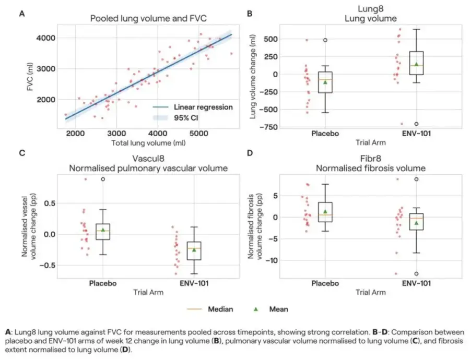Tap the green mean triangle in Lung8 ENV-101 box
(x=416, y=64)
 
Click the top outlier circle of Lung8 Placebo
(x=325, y=40)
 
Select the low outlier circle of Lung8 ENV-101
(x=416, y=124)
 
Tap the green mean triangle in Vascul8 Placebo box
(x=103, y=230)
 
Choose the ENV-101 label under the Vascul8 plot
(x=194, y=283)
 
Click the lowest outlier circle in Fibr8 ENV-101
(x=416, y=273)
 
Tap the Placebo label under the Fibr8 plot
(x=325, y=283)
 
